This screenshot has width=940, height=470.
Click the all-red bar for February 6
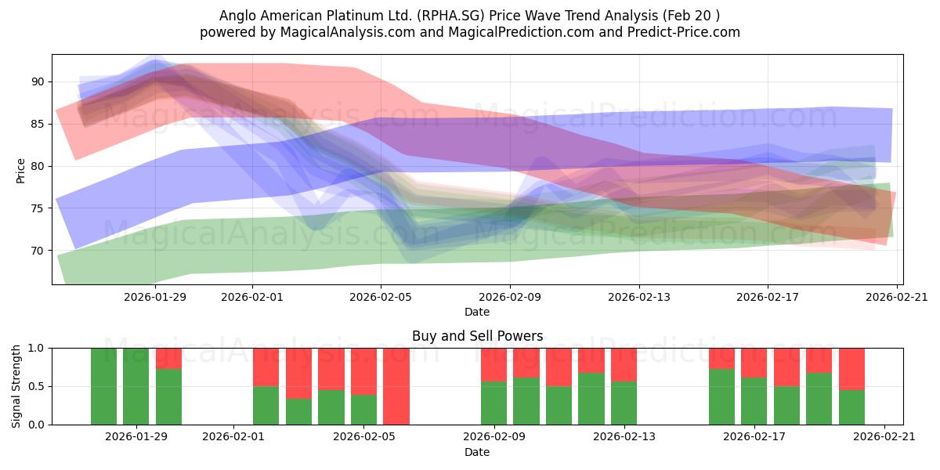tap(396, 386)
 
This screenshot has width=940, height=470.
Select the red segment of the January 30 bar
tap(168, 359)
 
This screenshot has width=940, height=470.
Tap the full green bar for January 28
tap(103, 386)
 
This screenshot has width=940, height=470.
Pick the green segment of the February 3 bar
tap(298, 411)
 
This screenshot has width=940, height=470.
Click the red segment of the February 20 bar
tap(852, 369)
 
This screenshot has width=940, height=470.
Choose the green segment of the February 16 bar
tap(721, 396)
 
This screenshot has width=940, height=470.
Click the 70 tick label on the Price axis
tap(38, 251)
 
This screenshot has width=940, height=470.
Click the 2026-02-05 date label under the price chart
tap(381, 297)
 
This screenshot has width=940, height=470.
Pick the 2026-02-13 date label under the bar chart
tap(624, 436)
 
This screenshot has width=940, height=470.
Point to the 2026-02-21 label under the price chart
tap(897, 297)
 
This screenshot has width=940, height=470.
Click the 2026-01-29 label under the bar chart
tap(136, 436)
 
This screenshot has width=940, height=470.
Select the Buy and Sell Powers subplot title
tap(478, 336)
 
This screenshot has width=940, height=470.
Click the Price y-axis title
tap(20, 172)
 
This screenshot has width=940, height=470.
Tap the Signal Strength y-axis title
tap(16, 386)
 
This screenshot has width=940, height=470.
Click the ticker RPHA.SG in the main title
tap(450, 16)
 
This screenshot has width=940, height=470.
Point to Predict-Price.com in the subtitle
tap(684, 32)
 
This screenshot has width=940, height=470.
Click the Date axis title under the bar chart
tap(477, 452)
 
